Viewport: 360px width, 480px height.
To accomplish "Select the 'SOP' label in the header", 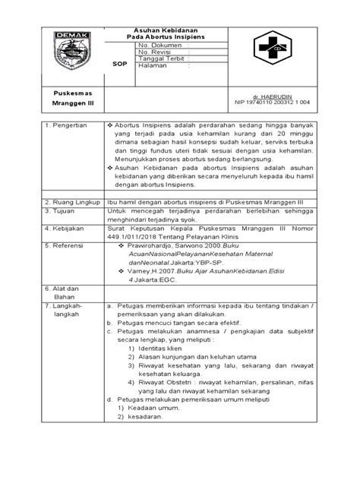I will [120, 65].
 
